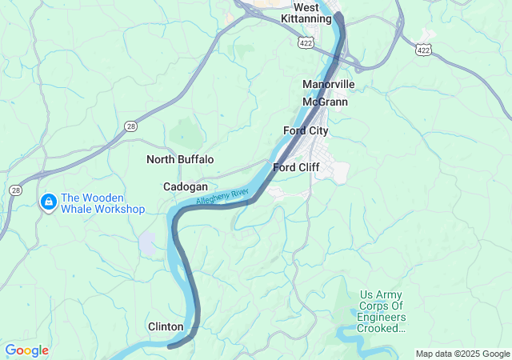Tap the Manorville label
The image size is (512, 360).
coord(328,84)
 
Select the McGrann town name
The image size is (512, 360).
coord(325,102)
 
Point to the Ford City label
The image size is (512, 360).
coord(306,130)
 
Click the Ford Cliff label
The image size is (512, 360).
coord(297,167)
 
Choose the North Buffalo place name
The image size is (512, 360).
coord(180,159)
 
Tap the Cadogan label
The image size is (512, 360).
coord(186,186)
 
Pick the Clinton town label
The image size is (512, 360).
coord(166,326)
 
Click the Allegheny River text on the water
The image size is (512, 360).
coord(223,194)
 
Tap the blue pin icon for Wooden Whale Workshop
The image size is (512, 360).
coord(48,202)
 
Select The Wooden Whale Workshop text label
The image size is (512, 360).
coord(103,203)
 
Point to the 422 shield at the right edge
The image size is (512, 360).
coord(423,50)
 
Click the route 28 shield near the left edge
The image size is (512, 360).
coord(15,190)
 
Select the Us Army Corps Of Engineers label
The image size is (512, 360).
coord(383,311)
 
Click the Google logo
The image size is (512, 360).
coord(26,350)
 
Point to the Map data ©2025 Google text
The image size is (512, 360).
coord(462,354)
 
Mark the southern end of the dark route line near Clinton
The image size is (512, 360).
coord(170,346)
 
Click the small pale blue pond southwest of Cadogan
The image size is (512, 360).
coord(147,243)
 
